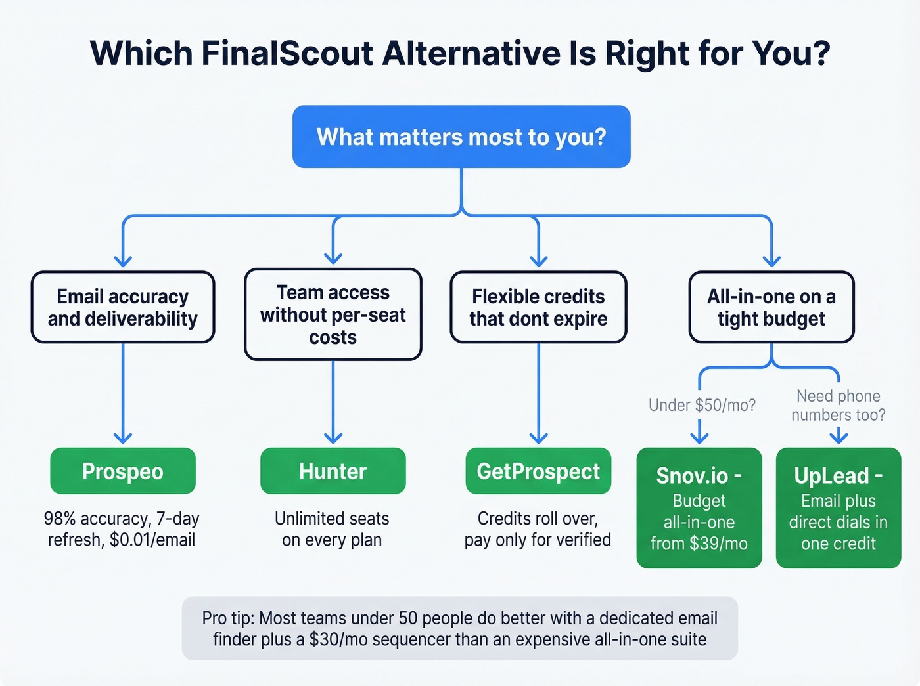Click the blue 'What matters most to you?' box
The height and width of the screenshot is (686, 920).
coord(461,137)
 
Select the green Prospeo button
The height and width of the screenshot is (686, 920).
coord(123,471)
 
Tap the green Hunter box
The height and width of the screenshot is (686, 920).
coord(333,471)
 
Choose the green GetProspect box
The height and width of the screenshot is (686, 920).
coord(538,471)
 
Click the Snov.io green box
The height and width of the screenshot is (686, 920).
coord(699,507)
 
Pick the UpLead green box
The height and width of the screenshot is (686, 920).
coord(838,507)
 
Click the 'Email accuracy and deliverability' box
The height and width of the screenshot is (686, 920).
coord(123,307)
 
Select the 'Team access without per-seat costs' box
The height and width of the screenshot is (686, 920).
coord(333,314)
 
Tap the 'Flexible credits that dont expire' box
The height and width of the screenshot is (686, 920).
coord(538,307)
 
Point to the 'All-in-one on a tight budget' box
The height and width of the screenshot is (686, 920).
coord(771,307)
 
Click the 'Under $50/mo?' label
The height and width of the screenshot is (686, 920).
coord(702,405)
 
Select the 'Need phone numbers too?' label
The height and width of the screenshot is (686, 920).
coord(838,405)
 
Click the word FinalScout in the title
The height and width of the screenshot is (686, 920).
coord(287,54)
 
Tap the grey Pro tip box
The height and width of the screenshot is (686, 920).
coord(459,628)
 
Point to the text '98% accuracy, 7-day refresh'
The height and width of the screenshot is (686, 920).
coord(122,528)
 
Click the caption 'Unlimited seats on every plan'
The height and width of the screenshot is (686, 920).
coord(332,528)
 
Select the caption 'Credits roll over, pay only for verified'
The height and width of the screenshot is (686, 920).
coord(538,528)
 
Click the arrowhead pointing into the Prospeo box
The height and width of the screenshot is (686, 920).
coord(123,438)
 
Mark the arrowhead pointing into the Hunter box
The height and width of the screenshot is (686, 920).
coord(333,438)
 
